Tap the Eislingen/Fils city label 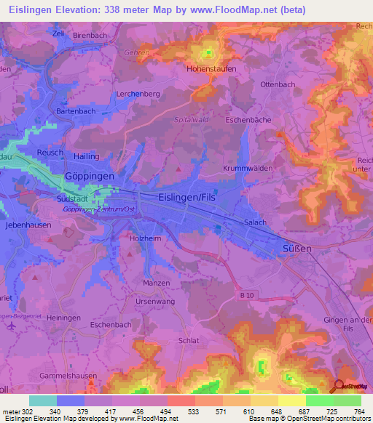[188, 196]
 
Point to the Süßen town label [296, 249]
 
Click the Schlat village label [189, 340]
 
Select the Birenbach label [90, 35]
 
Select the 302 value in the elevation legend [24, 412]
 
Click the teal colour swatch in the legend [43, 400]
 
